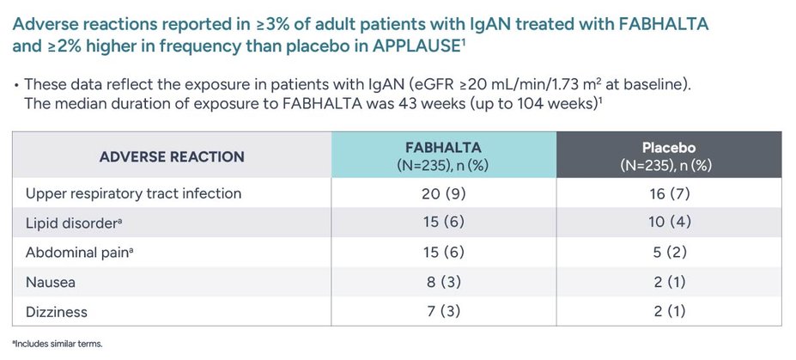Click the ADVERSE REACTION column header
click(172, 156)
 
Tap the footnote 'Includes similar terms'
click(58, 344)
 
